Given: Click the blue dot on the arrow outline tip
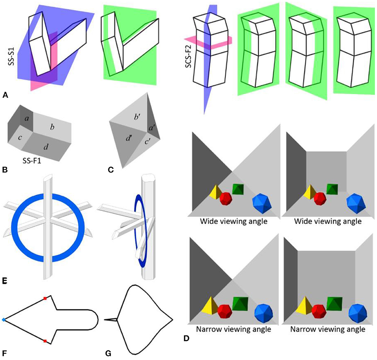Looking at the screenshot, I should point(3,320).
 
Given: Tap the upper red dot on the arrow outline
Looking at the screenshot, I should point(45,298).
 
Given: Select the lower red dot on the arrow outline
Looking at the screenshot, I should point(45,341).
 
